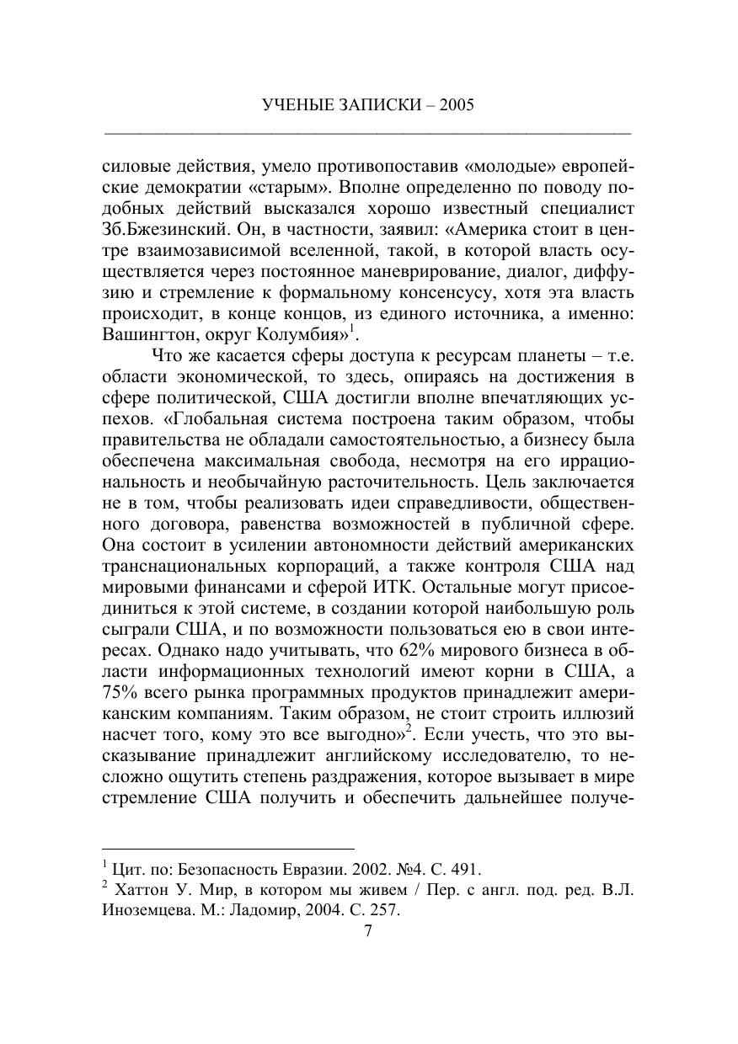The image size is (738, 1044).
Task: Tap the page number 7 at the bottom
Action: tap(367, 931)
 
